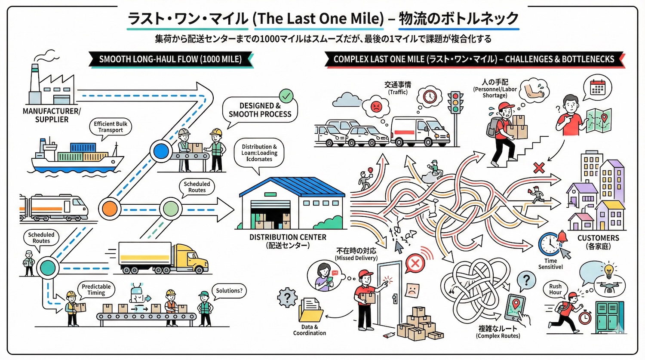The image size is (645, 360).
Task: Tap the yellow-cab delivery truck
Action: (x=163, y=258)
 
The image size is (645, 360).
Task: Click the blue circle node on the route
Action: (x=161, y=151)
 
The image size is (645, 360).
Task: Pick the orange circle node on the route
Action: (x=109, y=209)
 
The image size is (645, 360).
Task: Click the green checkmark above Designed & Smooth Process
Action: (x=286, y=95)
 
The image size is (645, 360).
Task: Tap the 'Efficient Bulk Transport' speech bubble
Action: (x=111, y=127)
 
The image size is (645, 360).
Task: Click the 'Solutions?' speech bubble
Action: (x=229, y=291)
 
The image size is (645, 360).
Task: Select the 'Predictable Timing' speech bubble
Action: (x=96, y=289)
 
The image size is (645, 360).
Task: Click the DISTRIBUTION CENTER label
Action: (x=288, y=237)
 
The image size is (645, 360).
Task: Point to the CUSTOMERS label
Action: (x=598, y=238)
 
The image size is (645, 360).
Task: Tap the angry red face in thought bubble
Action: (x=376, y=105)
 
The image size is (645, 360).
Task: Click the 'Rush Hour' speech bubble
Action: (x=555, y=289)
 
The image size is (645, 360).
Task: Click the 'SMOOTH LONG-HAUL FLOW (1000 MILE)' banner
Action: (x=170, y=59)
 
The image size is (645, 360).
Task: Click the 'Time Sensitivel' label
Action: (x=550, y=264)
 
